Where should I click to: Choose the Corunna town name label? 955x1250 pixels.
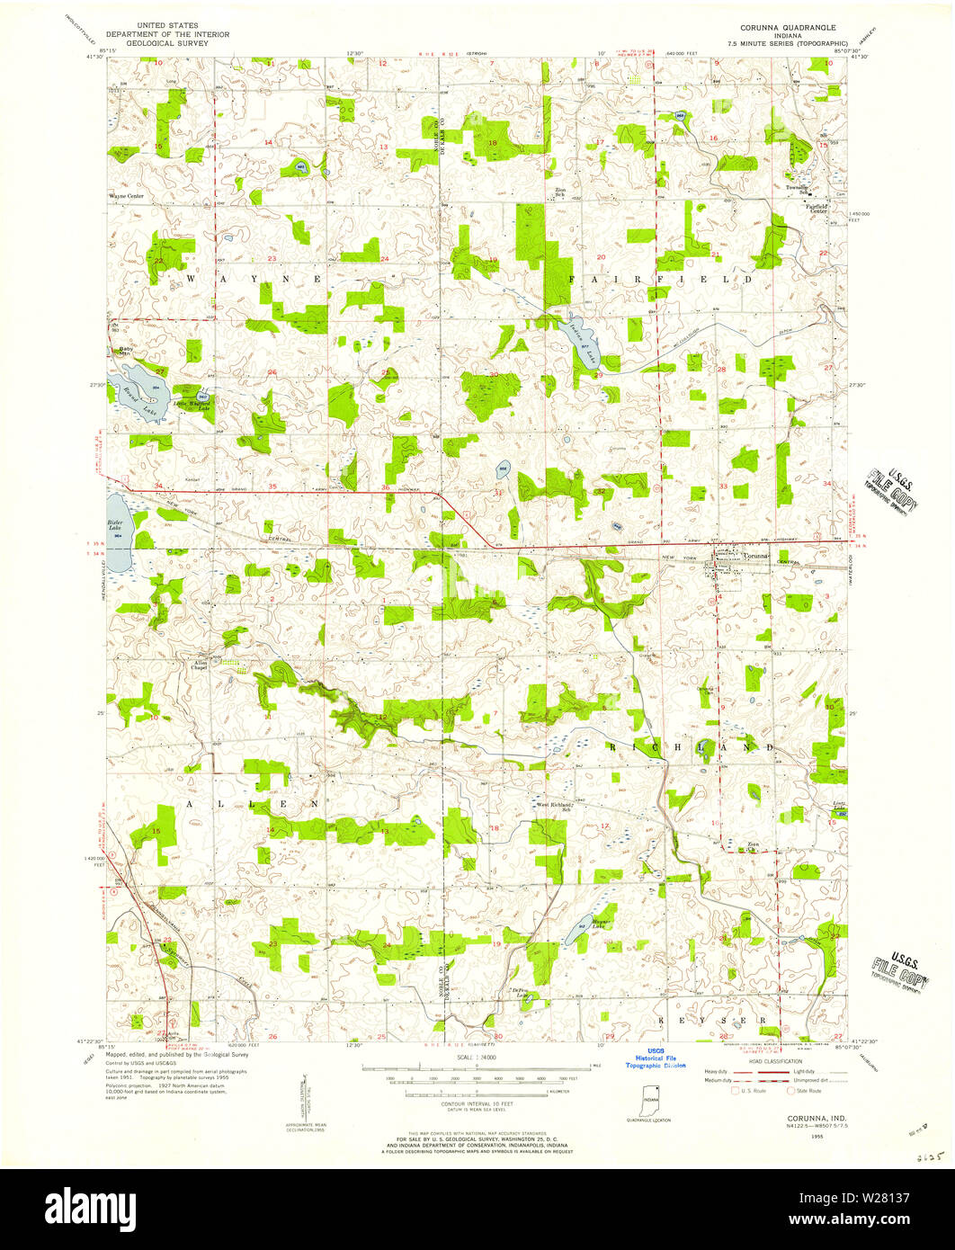pyautogui.click(x=756, y=556)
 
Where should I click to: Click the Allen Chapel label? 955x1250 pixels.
pyautogui.click(x=199, y=666)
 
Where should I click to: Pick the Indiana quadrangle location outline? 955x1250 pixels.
pyautogui.click(x=650, y=1100)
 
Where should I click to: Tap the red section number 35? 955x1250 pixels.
pyautogui.click(x=272, y=487)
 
